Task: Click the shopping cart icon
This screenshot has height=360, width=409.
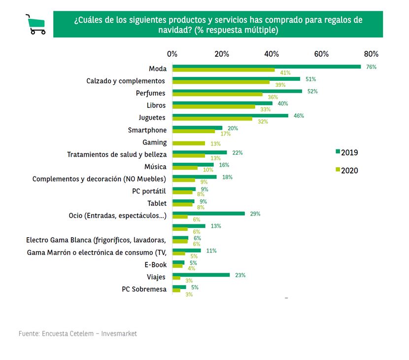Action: (35, 24)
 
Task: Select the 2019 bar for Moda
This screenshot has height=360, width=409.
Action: (266, 67)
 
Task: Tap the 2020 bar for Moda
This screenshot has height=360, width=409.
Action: (223, 70)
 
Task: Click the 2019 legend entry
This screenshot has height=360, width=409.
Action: (346, 152)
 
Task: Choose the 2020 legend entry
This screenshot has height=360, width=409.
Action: (346, 171)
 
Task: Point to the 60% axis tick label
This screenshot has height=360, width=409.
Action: (321, 54)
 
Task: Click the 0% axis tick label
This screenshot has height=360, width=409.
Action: (172, 54)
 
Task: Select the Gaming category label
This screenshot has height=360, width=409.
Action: (154, 142)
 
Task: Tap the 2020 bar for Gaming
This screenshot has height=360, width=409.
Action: (188, 144)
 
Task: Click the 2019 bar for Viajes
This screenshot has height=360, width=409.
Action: (201, 275)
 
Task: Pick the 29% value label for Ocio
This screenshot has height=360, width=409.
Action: (254, 214)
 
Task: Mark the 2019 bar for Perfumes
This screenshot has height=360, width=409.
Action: (237, 91)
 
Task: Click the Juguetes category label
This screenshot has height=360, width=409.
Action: (152, 118)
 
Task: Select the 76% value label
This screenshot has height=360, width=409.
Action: (371, 67)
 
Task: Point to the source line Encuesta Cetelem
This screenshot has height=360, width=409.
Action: (78, 334)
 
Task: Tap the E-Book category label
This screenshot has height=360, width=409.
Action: (156, 265)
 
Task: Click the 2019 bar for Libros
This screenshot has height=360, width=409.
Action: (222, 103)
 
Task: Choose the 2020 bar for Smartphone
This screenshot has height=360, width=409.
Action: (193, 132)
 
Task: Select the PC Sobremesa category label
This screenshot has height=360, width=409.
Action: (144, 289)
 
